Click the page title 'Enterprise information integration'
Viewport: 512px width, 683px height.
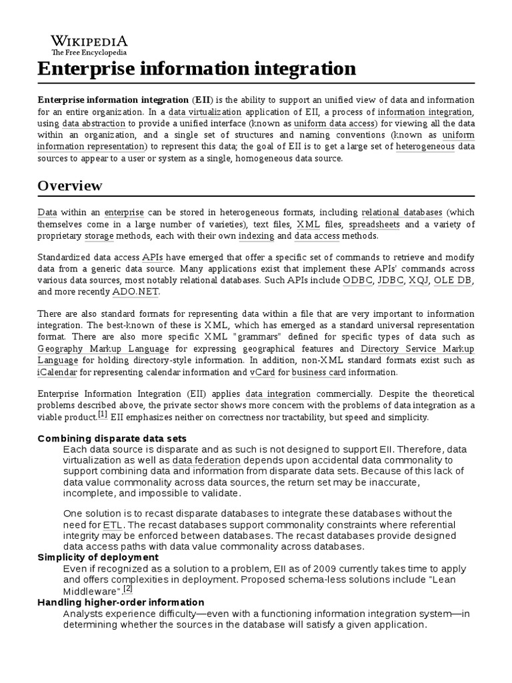click(x=197, y=68)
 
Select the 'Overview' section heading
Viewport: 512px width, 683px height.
click(x=70, y=185)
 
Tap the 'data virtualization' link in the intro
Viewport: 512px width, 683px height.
click(x=205, y=112)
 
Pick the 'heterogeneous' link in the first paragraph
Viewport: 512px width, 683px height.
click(x=426, y=146)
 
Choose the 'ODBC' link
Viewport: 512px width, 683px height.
click(x=357, y=280)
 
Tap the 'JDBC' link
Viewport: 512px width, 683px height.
click(x=391, y=280)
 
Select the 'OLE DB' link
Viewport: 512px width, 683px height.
click(x=453, y=280)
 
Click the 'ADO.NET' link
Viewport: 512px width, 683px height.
click(x=136, y=292)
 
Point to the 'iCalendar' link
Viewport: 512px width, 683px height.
click(x=57, y=372)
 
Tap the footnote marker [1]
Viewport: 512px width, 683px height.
click(x=103, y=414)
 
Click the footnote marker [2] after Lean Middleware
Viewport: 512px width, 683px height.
click(x=128, y=588)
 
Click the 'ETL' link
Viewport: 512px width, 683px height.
click(x=113, y=525)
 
